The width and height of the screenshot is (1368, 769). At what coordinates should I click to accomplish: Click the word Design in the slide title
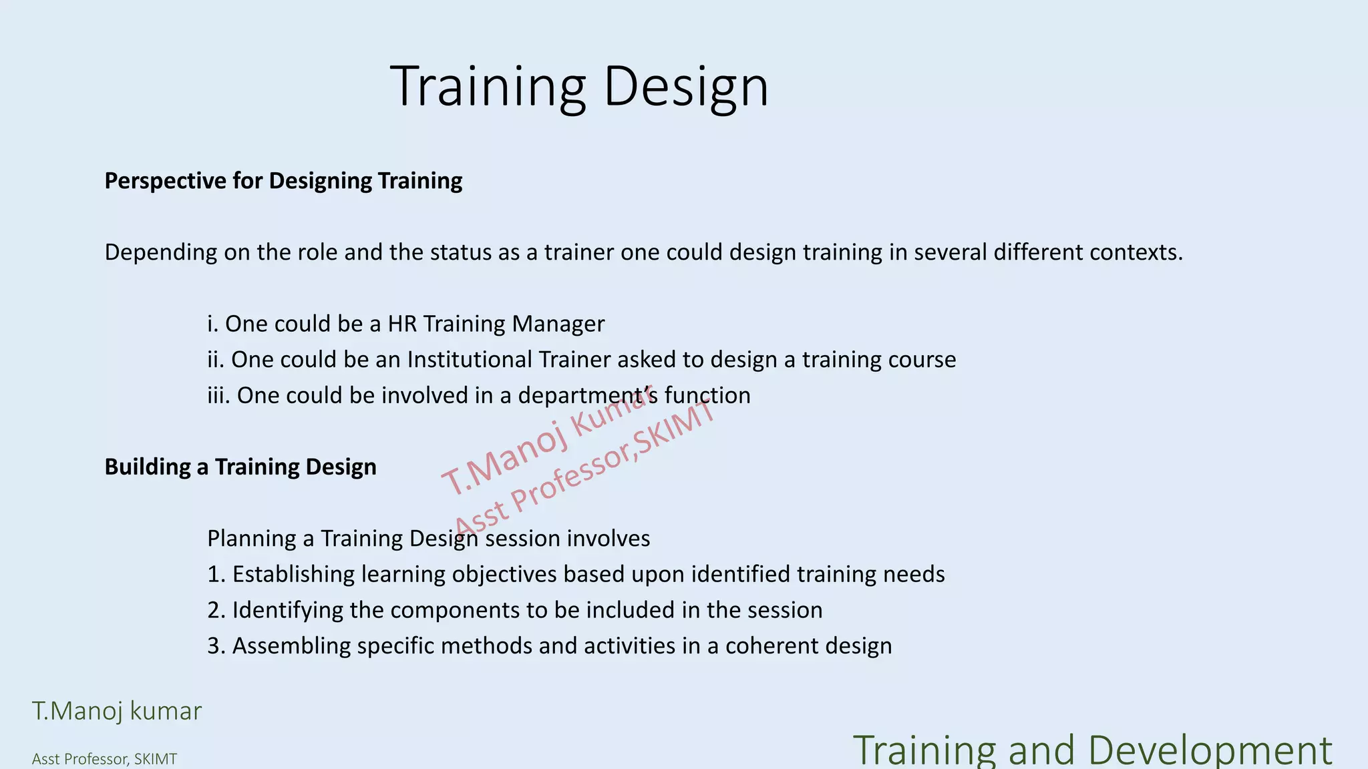point(686,87)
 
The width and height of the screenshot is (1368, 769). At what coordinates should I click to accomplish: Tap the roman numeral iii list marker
point(218,395)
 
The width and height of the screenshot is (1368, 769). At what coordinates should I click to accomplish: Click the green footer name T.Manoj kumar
point(117,711)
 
